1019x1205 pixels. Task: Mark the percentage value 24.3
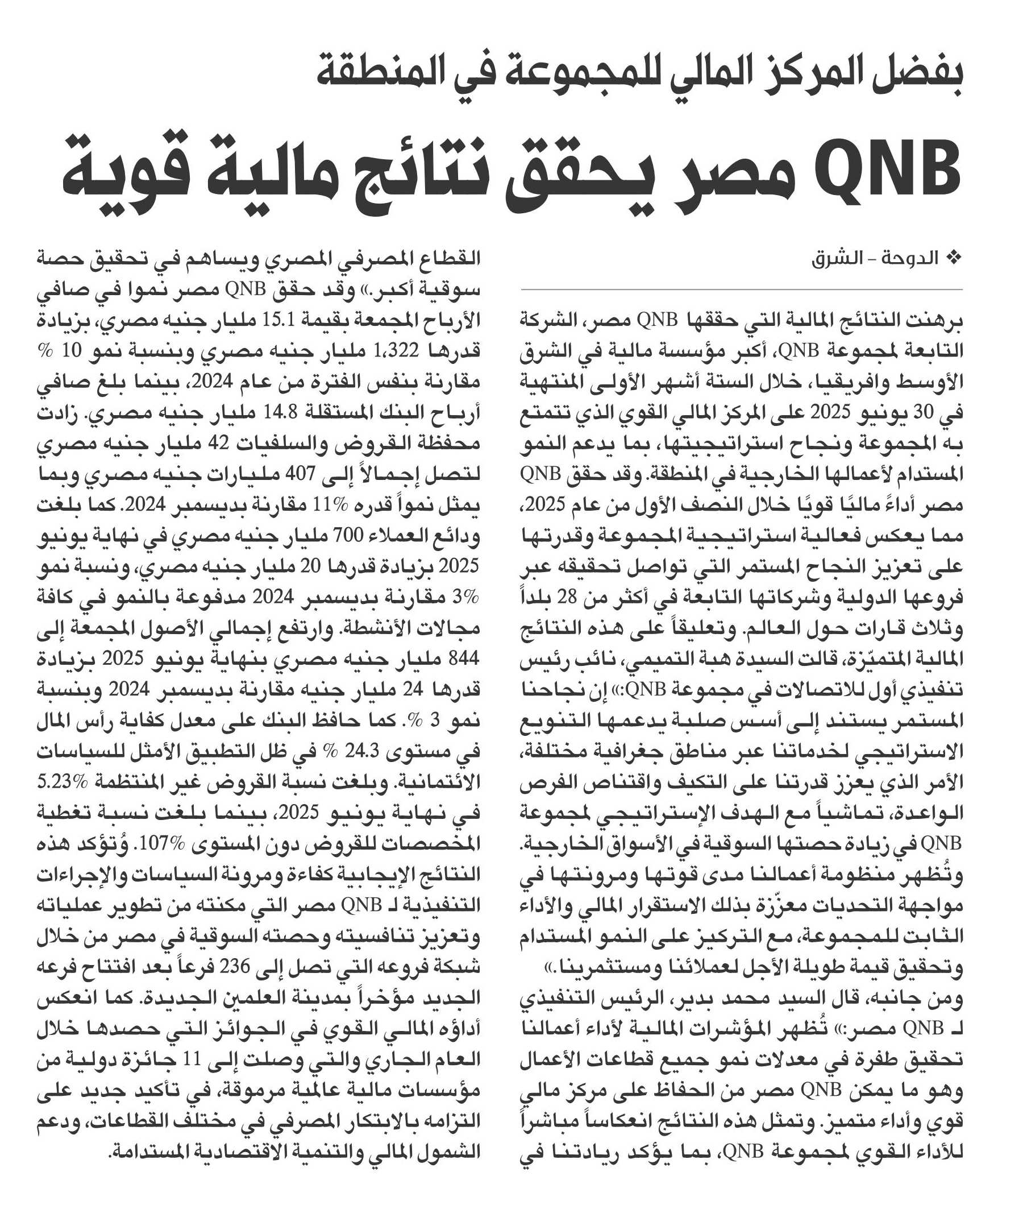[x=360, y=752]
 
